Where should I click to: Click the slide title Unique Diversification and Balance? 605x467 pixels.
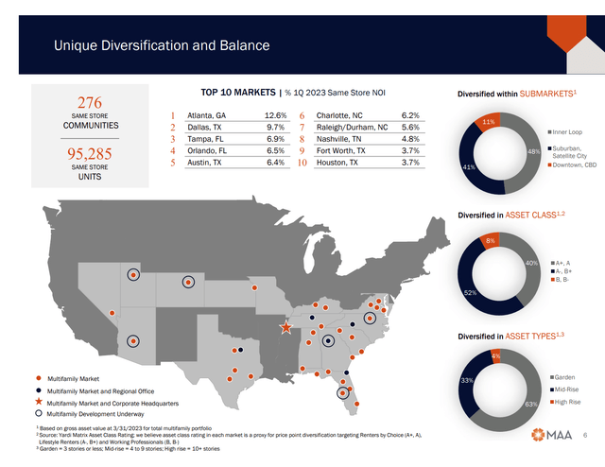pos(161,45)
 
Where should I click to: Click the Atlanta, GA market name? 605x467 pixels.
pos(209,116)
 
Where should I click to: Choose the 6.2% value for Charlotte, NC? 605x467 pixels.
pos(409,116)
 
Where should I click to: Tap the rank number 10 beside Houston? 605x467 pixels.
pos(301,163)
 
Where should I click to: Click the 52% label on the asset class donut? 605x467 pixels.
pos(470,292)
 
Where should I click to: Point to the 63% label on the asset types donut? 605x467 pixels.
pos(533,404)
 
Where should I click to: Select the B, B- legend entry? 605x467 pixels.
pos(566,279)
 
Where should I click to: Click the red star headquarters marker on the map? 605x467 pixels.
pos(285,327)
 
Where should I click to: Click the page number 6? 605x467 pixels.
pos(585,435)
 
